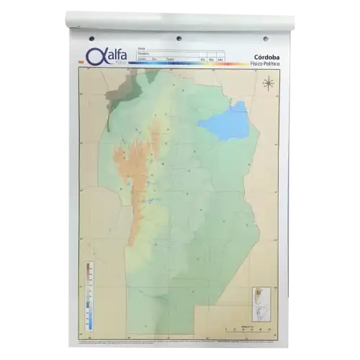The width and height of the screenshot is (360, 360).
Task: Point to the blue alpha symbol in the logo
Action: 91,56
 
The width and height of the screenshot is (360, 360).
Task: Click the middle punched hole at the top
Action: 179,37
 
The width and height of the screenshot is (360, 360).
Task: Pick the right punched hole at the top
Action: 265,38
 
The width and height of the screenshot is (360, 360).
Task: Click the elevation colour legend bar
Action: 89,295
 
